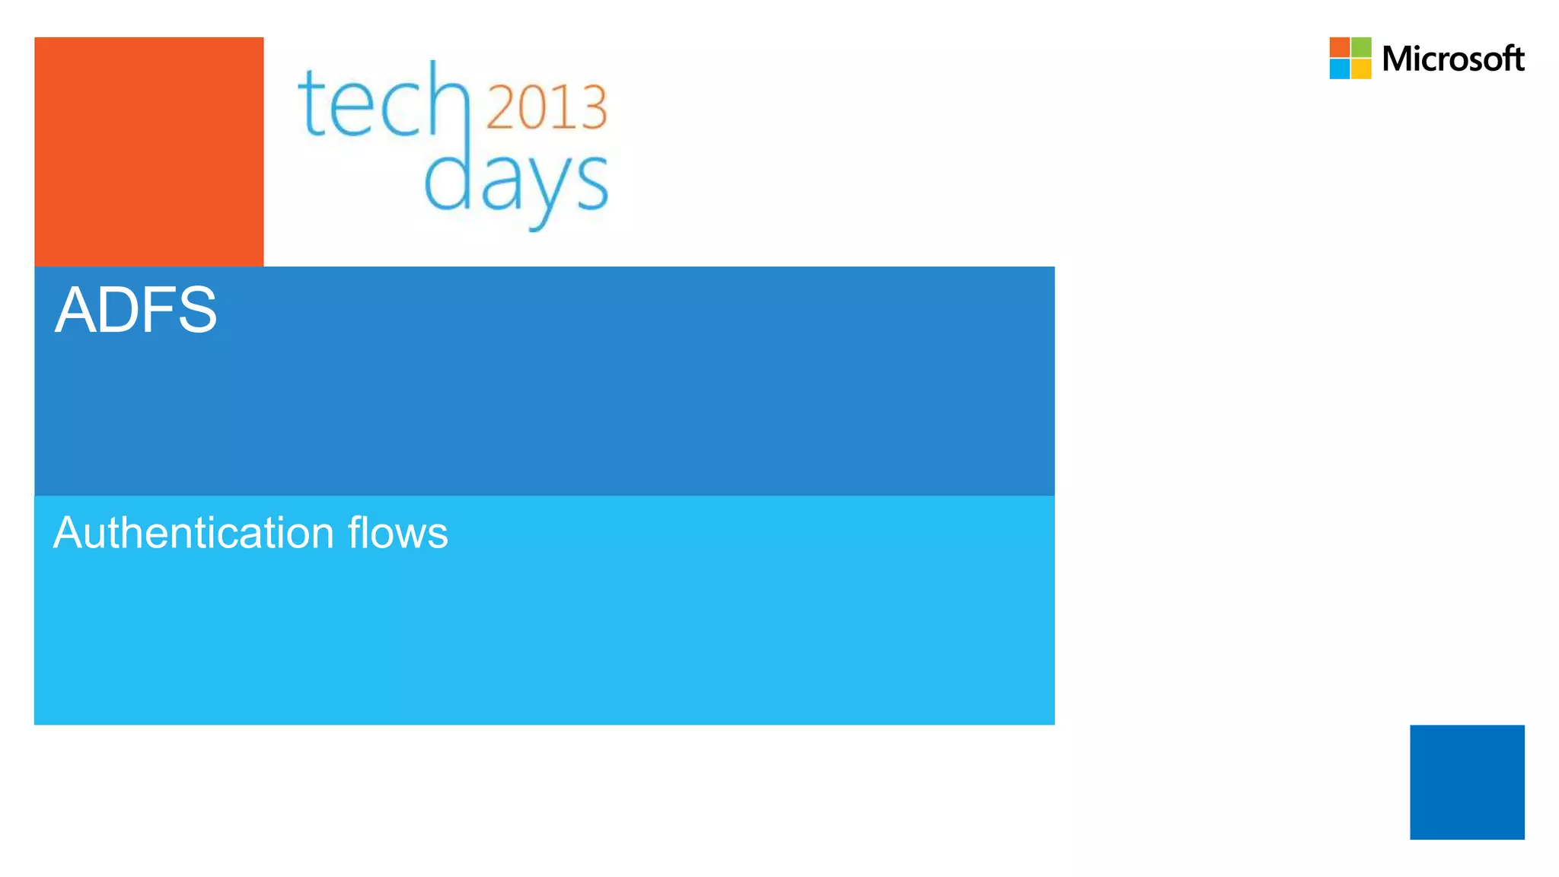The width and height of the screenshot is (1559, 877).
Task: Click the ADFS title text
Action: coord(135,310)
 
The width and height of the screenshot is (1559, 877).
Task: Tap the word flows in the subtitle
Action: coord(398,532)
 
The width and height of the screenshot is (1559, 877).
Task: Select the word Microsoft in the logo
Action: coord(1452,59)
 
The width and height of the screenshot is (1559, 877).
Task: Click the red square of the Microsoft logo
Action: coord(1340,47)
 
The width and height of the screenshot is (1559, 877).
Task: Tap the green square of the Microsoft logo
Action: coord(1361,47)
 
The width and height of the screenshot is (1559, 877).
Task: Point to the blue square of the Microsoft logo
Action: coord(1340,69)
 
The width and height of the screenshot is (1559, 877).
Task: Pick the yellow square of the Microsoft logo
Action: coord(1361,69)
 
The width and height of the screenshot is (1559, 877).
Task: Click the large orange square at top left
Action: coord(149,151)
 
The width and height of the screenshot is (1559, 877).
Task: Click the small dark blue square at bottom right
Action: coord(1467,782)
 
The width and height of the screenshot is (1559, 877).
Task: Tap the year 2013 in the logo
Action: coord(546,107)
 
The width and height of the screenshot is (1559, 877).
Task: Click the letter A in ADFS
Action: coord(73,310)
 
